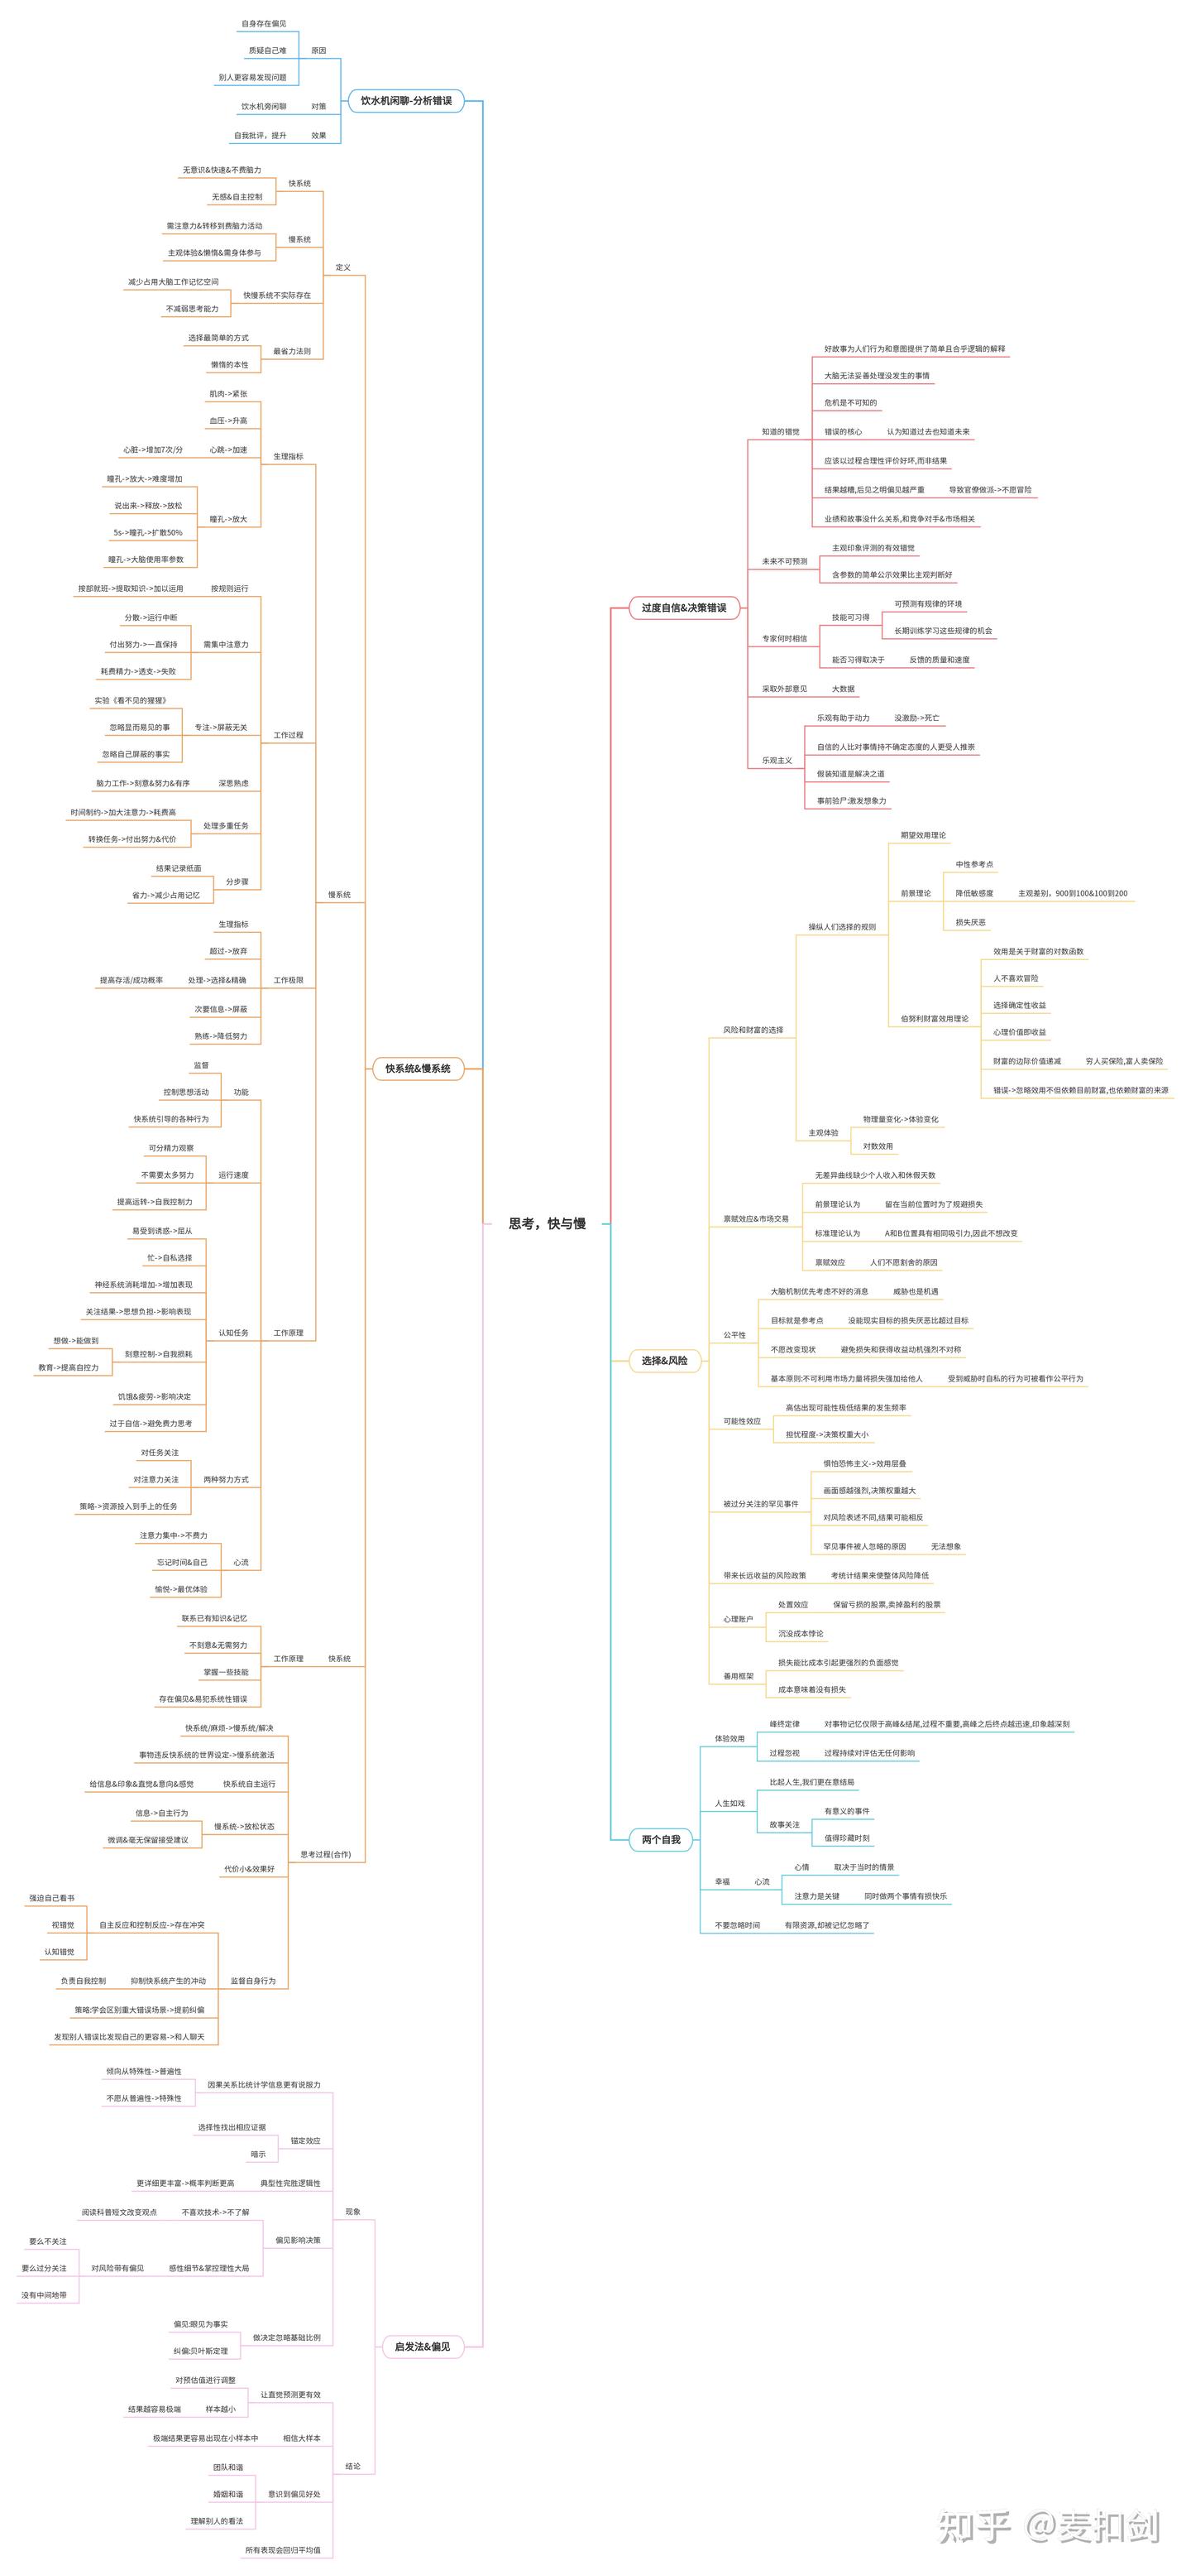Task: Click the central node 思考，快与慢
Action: click(x=547, y=1223)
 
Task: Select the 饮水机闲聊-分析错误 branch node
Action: click(x=405, y=101)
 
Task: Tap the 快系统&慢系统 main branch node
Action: click(x=418, y=1069)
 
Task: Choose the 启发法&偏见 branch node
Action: click(x=423, y=2346)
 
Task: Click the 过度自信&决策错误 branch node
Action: click(x=683, y=608)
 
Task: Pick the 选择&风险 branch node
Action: click(x=664, y=1361)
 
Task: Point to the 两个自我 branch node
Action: click(x=661, y=1839)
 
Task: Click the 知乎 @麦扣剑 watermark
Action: click(x=1048, y=2526)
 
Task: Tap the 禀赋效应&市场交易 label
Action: click(x=755, y=1218)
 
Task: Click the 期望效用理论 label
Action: click(x=922, y=834)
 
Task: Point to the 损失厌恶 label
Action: click(x=969, y=921)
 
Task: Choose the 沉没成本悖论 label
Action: click(x=801, y=1633)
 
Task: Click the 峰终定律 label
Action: click(x=783, y=1723)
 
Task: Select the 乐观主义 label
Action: click(x=777, y=760)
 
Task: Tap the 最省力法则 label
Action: click(x=292, y=351)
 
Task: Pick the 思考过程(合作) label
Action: click(x=326, y=1854)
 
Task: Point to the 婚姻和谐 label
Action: click(x=227, y=2494)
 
